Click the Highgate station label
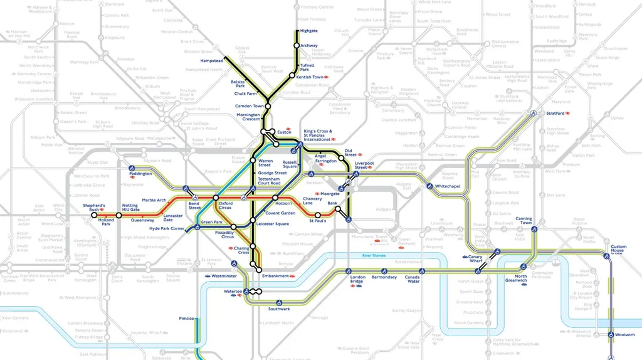coord(309,30)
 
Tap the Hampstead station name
coord(213,61)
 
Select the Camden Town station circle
coord(268,106)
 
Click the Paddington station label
coord(141,174)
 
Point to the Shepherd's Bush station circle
coord(94,214)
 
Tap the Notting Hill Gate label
coord(130,208)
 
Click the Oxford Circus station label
coord(225,206)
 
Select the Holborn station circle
coord(275,198)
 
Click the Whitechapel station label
coord(448,187)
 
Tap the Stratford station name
coord(555,114)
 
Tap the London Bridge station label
coord(357,280)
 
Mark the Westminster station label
coord(224,276)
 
